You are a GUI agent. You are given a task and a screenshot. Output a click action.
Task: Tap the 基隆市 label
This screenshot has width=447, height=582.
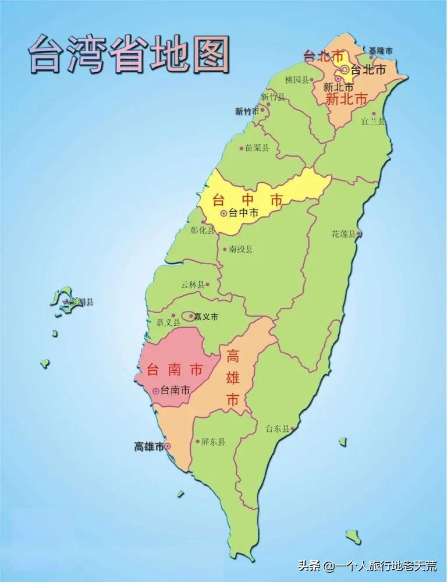pos(380,51)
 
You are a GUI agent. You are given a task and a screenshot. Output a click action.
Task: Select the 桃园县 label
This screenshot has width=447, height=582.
pos(297,80)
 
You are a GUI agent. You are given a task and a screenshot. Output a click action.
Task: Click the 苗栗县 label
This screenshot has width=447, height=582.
pos(257,148)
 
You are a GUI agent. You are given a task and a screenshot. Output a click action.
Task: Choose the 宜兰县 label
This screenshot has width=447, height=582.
pos(373,121)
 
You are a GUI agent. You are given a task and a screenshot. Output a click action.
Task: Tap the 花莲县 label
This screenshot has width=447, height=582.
pos(343,233)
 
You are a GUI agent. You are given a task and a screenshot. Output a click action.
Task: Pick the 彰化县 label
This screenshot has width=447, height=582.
pos(203,229)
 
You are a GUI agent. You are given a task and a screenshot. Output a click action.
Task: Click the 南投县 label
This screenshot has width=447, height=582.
pos(240,249)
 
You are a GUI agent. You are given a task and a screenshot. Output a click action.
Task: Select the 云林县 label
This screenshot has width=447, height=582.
pos(192,285)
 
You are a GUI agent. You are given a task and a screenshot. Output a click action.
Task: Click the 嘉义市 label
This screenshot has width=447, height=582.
pos(205,317)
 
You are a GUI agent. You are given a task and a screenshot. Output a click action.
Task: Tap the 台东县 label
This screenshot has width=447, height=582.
pos(277,429)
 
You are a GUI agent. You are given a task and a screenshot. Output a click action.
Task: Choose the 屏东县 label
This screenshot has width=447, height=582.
pos(213,442)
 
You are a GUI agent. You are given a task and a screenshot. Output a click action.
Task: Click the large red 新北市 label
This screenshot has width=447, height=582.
pos(346,100)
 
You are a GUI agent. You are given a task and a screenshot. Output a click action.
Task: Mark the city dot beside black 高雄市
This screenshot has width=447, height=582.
pos(168,446)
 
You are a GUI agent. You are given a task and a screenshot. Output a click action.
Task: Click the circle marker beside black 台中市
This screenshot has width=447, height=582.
pos(223,214)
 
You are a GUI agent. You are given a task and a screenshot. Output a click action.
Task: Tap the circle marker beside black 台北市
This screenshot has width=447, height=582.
pos(345,69)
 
